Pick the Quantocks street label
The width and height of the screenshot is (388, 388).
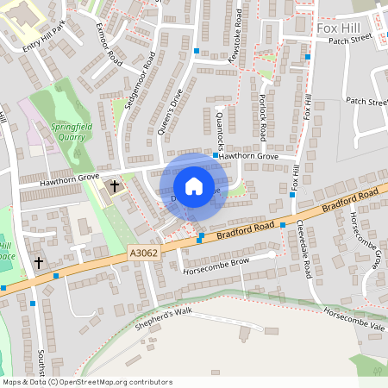[221, 129]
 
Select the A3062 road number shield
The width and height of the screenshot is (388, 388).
[143, 253]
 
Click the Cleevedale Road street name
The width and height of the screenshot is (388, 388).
[304, 249]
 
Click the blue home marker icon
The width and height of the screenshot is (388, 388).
[194, 186]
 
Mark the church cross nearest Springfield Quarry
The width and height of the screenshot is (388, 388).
[115, 186]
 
